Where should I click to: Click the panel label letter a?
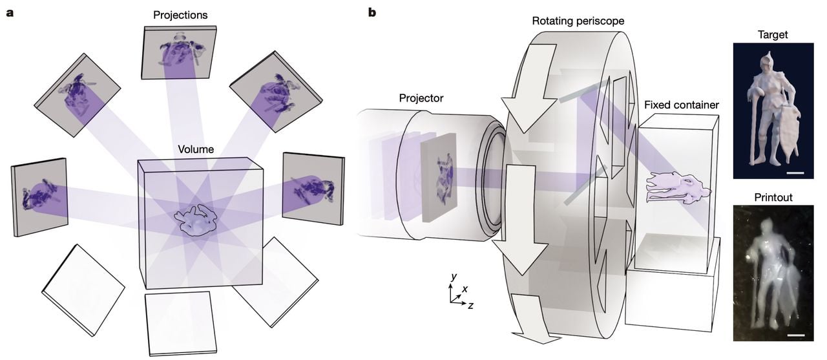point(10,12)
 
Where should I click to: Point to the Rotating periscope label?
point(578,21)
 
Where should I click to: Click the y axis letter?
point(454,276)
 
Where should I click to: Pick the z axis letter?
point(470,305)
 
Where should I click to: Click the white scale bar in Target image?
point(795,173)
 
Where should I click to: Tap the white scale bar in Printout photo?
point(796,335)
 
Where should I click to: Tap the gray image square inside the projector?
point(439,176)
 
